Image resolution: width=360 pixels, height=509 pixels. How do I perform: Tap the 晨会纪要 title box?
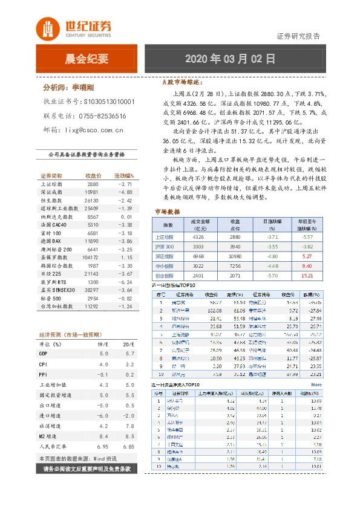click(x=86, y=59)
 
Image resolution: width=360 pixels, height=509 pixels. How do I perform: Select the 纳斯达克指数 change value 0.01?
click(x=126, y=216)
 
